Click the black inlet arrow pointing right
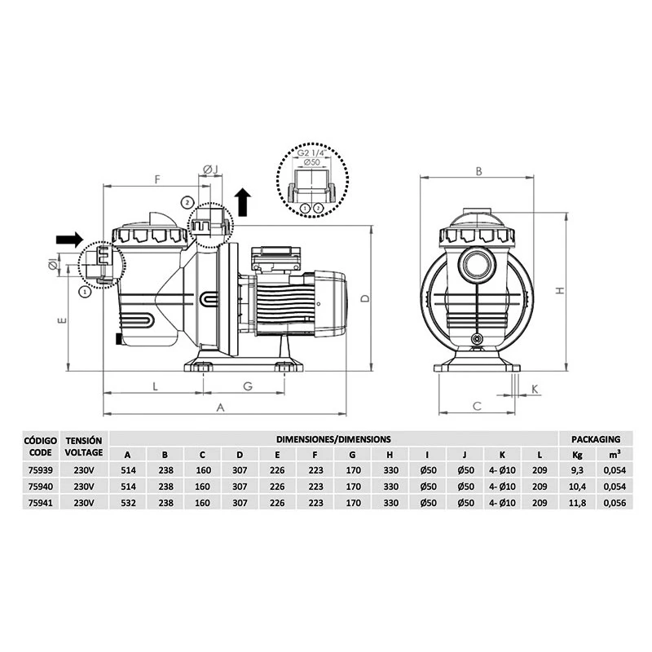(x=69, y=239)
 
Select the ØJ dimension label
(x=210, y=169)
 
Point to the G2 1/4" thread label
(x=311, y=153)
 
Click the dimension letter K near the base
(x=535, y=389)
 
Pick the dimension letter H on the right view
(x=561, y=291)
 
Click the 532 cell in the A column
(x=128, y=502)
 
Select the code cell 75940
(x=40, y=486)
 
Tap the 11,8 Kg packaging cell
(x=578, y=502)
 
